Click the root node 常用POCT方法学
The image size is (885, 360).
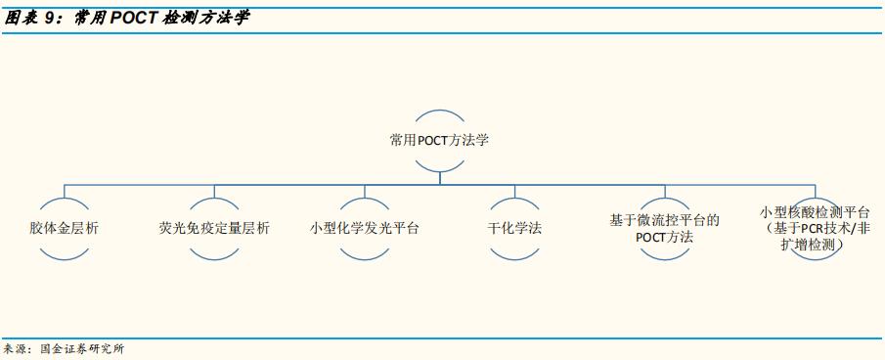[439, 140]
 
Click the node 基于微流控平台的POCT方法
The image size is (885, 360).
[664, 228]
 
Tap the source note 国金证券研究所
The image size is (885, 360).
[82, 348]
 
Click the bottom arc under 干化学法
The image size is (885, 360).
[514, 257]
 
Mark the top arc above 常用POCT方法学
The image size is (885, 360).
[439, 109]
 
